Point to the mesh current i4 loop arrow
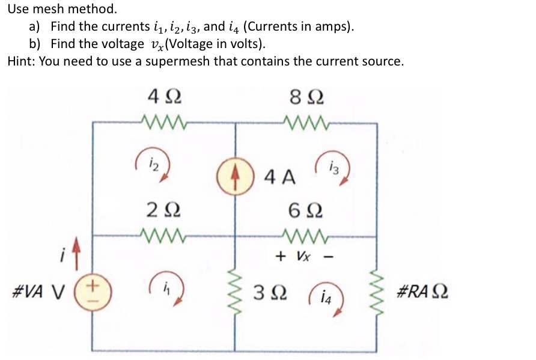point(330,299)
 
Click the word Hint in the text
point(20,61)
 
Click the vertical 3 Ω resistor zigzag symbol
point(235,294)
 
